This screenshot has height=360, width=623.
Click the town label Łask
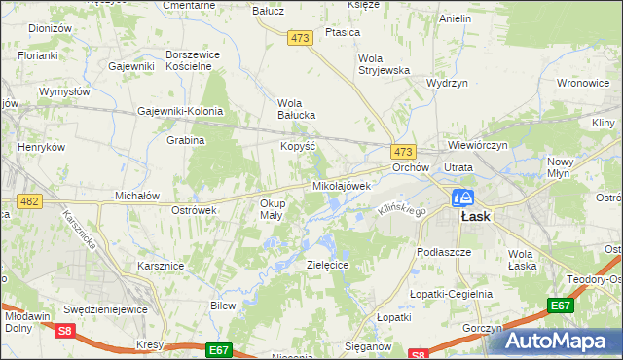(x=474, y=217)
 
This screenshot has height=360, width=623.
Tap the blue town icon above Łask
(x=461, y=198)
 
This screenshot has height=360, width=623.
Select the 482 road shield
(x=28, y=201)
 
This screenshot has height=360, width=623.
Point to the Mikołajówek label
(x=342, y=185)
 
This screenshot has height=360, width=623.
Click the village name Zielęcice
(x=328, y=265)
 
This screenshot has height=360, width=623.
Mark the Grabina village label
(x=185, y=140)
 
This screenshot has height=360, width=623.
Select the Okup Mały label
(x=271, y=209)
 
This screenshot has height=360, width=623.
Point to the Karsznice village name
(x=161, y=265)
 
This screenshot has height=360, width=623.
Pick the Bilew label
(x=224, y=306)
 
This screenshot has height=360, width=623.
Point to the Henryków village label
(x=41, y=147)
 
